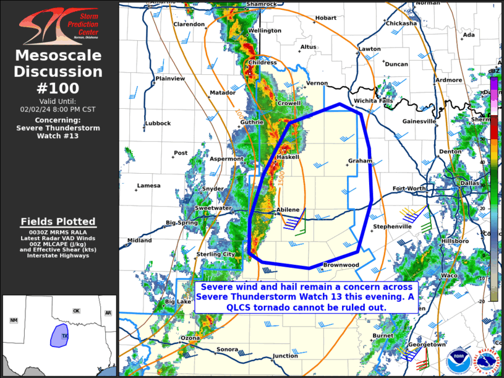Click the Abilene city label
click(288, 210)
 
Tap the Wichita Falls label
click(374, 101)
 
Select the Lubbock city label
click(158, 123)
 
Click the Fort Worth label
click(409, 189)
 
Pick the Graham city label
click(359, 161)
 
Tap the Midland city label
click(139, 241)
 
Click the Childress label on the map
click(262, 63)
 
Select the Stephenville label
click(392, 226)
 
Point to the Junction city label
click(285, 356)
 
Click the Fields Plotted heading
click(58, 221)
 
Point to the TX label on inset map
click(65, 336)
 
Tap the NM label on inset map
click(14, 320)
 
